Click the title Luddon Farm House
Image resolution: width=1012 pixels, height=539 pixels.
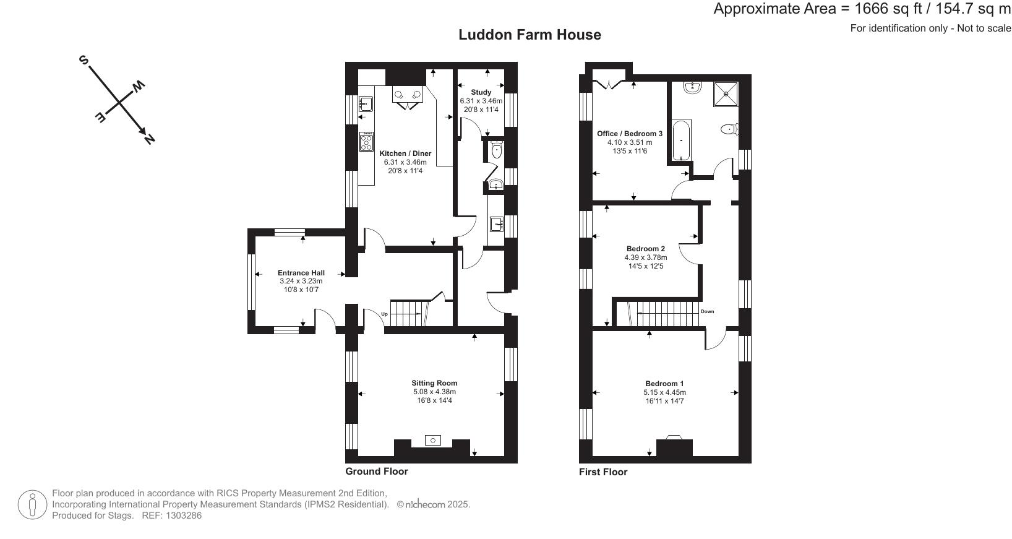coord(530,35)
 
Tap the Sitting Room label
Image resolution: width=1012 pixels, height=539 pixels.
coord(434,383)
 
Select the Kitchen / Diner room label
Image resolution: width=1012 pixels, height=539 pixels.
coord(405,153)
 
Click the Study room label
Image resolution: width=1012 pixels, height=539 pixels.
coord(481,92)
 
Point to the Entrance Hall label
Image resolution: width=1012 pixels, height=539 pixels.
coord(301,273)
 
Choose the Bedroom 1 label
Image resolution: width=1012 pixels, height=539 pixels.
coord(664,384)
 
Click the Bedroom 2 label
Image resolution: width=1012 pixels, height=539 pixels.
coord(645,249)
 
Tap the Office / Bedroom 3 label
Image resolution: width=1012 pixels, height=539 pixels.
coord(629,134)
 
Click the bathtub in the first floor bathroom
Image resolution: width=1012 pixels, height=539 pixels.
coord(681,140)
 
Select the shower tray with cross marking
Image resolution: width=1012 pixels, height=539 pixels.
coord(726,94)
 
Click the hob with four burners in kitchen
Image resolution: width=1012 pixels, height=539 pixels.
coord(366,142)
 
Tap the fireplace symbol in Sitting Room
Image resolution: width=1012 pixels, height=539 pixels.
coord(433,441)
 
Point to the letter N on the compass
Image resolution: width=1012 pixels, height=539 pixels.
coord(148,139)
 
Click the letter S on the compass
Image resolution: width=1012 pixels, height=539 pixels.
coord(84,60)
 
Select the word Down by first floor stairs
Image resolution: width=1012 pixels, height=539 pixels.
coord(707,311)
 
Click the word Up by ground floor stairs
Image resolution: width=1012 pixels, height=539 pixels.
coord(384,314)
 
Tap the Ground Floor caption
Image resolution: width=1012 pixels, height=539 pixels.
coord(376,472)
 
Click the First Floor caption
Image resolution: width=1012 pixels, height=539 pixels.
coord(602,472)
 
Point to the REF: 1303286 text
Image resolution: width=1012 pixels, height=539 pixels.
coord(172,515)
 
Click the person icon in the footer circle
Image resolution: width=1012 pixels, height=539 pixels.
coord(32,504)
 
